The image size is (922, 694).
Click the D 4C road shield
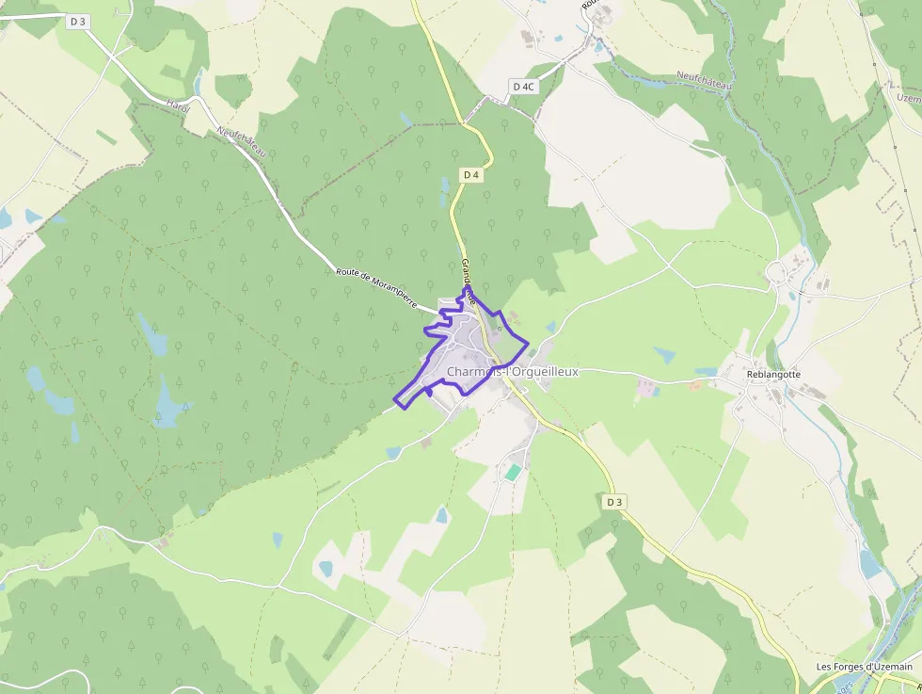pos(523,86)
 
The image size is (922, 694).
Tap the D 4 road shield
pos(471,175)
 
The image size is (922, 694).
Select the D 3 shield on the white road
pos(78,21)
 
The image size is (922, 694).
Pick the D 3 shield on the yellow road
pos(614,502)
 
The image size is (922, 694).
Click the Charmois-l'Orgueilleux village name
pos(513,372)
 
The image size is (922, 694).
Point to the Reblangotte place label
pos(773,374)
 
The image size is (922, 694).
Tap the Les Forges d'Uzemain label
pos(865,667)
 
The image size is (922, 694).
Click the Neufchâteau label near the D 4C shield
pos(705,82)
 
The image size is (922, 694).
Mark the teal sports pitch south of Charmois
pos(512,471)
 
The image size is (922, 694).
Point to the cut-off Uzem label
pos(909,97)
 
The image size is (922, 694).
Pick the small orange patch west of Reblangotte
pos(694,385)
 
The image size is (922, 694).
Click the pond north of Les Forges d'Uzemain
pos(870,563)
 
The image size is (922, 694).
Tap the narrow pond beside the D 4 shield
pos(444,191)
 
